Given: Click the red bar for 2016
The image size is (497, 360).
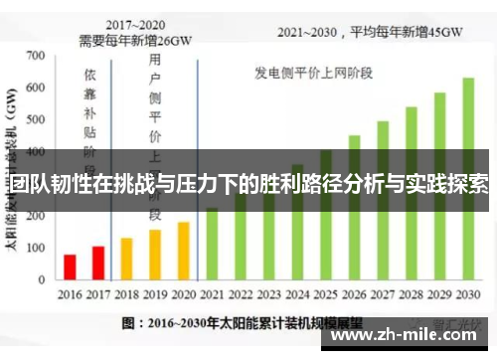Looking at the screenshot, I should (70, 268).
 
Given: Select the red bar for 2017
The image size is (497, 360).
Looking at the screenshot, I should (97, 264).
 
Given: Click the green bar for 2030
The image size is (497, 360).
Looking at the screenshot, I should (468, 179).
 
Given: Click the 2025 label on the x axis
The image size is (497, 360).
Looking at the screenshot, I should (326, 295).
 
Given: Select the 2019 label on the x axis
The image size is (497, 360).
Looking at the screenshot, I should (155, 295).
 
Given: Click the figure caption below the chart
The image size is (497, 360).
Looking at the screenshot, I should (239, 323).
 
